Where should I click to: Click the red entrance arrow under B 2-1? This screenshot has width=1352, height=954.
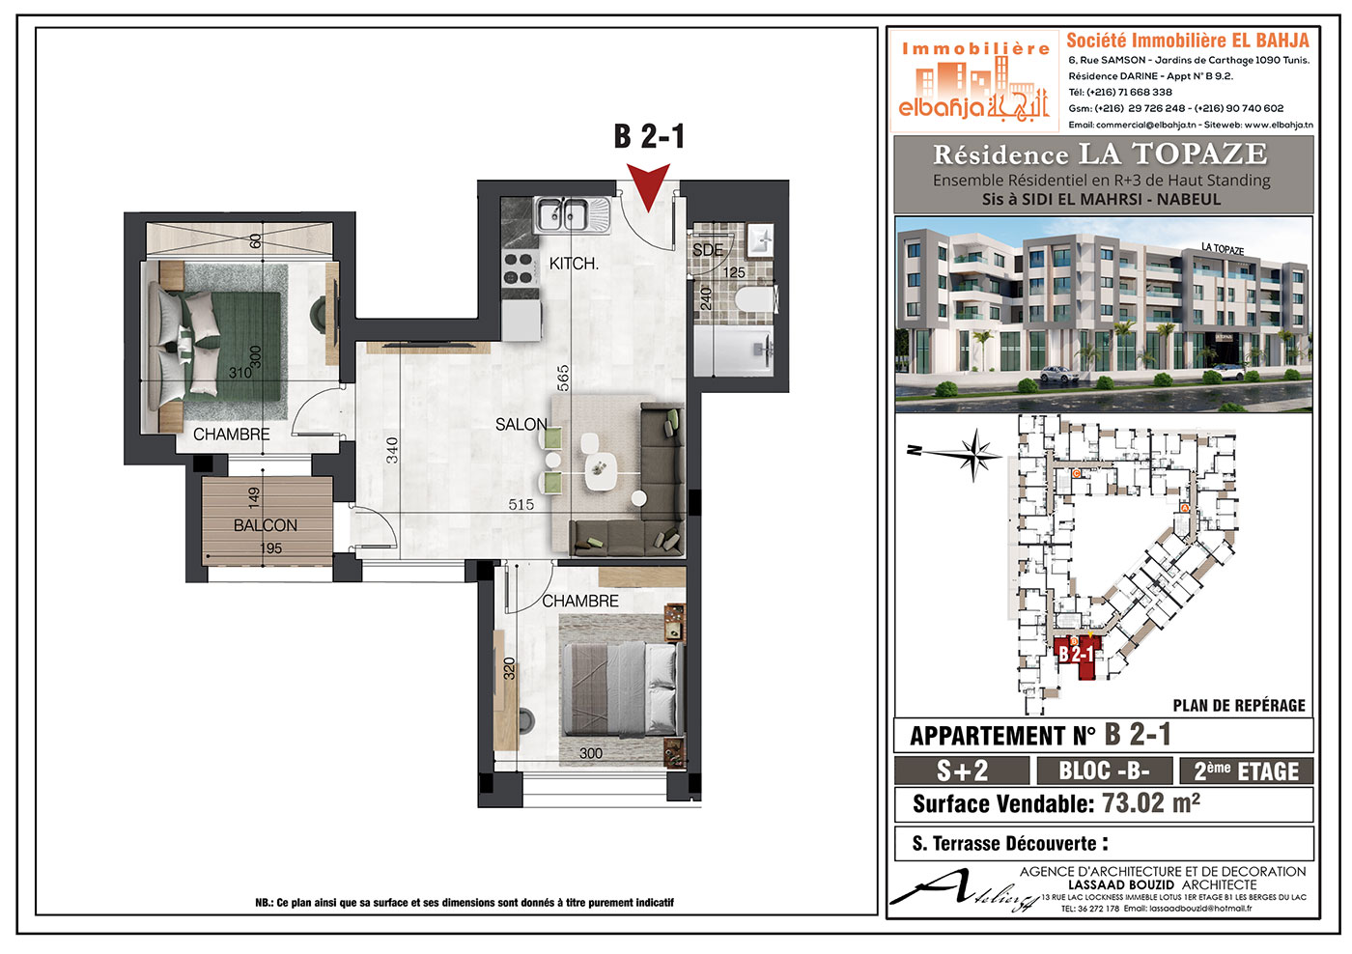(x=648, y=184)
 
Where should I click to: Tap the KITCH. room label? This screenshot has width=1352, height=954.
(x=574, y=264)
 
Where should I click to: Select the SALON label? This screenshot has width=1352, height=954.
(x=521, y=425)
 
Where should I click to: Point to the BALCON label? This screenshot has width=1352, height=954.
(x=265, y=525)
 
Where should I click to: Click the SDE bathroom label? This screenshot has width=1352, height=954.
(x=707, y=250)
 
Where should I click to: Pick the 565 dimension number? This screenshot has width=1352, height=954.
(x=562, y=379)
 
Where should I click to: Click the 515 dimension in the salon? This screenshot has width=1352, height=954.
(x=521, y=504)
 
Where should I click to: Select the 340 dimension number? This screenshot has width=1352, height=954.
(x=392, y=450)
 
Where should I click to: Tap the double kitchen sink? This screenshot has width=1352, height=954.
(x=572, y=214)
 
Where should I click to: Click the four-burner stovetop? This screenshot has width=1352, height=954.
(x=519, y=269)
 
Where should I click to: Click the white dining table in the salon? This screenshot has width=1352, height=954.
(x=600, y=471)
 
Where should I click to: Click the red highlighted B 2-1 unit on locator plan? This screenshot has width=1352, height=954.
(x=1076, y=658)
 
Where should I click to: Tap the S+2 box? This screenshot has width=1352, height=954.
(x=962, y=772)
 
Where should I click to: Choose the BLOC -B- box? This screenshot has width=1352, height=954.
(x=1105, y=772)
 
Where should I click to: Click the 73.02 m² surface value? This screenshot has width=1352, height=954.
(x=1151, y=803)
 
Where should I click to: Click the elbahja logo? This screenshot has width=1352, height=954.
(x=974, y=80)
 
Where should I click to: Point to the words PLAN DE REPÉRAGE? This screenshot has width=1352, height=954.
(x=1238, y=706)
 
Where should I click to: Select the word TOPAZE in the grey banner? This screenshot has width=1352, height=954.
(x=1199, y=154)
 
